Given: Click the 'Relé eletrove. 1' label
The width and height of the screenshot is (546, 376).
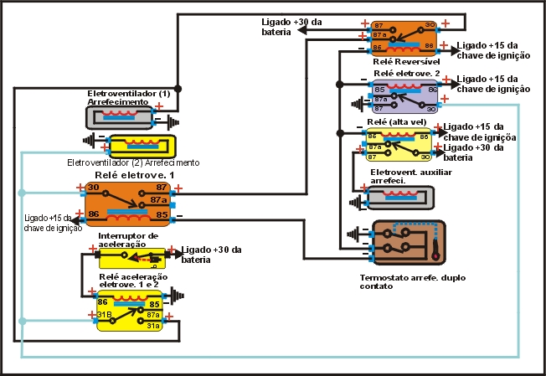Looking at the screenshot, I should click(131, 174).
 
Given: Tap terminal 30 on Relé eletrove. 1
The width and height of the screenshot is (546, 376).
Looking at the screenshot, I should click(93, 187).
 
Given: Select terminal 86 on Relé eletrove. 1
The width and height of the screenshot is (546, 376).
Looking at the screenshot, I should click(93, 215).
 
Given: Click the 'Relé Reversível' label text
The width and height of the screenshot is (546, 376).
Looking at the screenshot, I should click(404, 61).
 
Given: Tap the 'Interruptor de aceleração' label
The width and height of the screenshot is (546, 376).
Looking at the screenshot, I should click(127, 240).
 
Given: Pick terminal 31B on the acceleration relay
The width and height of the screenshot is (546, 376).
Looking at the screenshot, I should click(104, 315).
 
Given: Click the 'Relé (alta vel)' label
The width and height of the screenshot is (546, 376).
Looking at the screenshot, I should click(397, 122).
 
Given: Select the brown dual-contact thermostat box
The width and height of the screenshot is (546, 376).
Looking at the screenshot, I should click(409, 241).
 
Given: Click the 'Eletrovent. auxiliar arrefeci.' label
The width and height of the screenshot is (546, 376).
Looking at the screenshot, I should click(399, 176).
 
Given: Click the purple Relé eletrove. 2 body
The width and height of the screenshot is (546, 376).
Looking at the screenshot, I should click(405, 96).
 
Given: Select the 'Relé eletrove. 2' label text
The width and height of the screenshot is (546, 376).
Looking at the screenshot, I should click(406, 74).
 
